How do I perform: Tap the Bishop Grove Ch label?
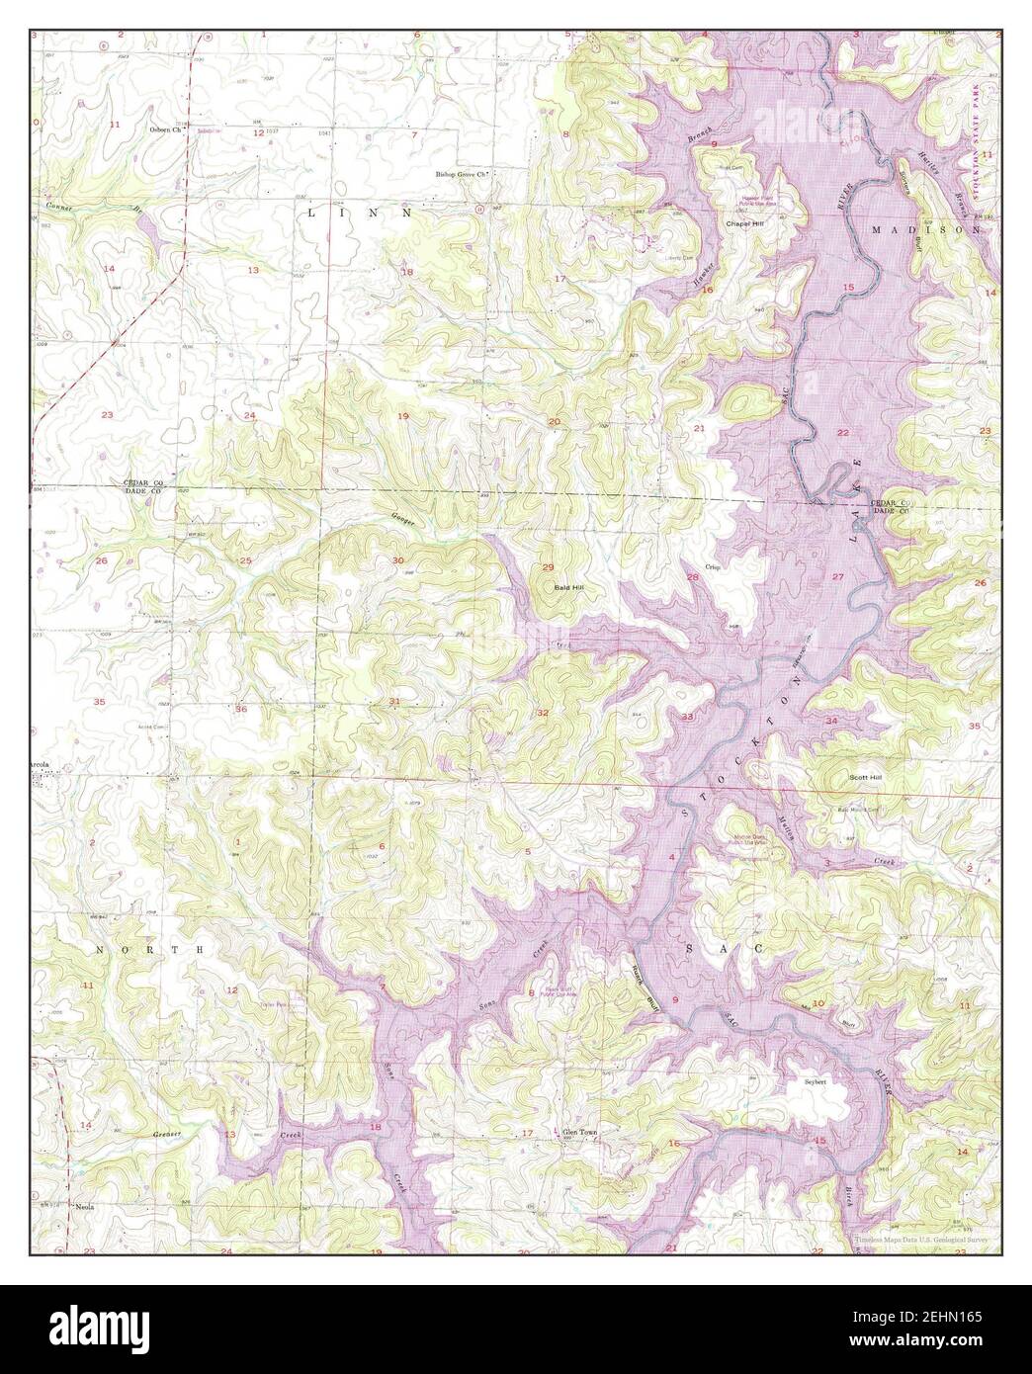click(x=464, y=175)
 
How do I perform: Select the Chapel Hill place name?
click(x=746, y=224)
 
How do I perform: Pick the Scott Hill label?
click(x=865, y=778)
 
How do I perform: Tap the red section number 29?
click(x=548, y=566)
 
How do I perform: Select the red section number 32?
click(x=542, y=713)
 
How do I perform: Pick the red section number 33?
click(x=686, y=716)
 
